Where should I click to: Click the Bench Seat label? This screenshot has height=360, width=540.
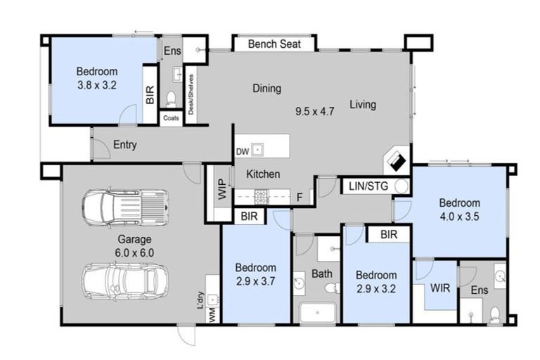click(275, 44)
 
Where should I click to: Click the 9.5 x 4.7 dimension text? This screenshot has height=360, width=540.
click(314, 110)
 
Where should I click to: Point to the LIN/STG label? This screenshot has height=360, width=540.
click(367, 186)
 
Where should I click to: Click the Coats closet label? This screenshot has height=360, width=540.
click(171, 118)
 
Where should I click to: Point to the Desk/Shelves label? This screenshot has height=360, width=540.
click(191, 96)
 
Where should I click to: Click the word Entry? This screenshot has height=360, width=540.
click(124, 146)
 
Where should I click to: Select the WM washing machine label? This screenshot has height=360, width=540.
click(211, 317)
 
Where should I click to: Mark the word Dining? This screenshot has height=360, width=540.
click(266, 89)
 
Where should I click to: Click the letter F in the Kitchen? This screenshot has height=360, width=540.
click(300, 198)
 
